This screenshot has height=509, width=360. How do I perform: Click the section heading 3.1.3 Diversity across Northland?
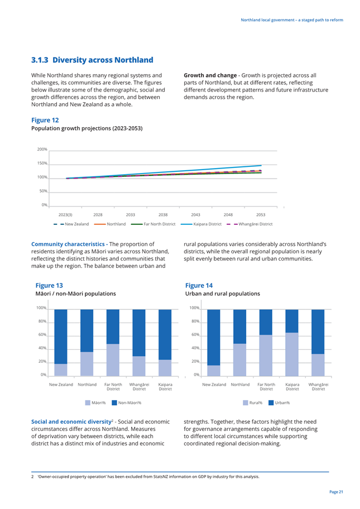pyautogui.click(x=92, y=60)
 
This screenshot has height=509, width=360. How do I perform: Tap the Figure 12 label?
pyautogui.click(x=45, y=120)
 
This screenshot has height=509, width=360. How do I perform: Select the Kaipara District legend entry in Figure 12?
pyautogui.click(x=201, y=224)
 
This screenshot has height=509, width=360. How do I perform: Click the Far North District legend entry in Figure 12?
pyautogui.click(x=153, y=224)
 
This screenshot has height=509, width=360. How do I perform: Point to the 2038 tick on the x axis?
pyautogui.click(x=163, y=214)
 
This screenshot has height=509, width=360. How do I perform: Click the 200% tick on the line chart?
pyautogui.click(x=42, y=150)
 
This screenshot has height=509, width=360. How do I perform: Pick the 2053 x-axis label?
pyautogui.click(x=261, y=214)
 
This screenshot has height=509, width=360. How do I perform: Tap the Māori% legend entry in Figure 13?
pyautogui.click(x=95, y=402)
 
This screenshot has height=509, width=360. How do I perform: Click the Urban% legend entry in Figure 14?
pyautogui.click(x=279, y=402)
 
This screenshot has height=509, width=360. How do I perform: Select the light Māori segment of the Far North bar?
pyautogui.click(x=113, y=360)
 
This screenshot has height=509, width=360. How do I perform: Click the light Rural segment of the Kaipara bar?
pyautogui.click(x=292, y=354)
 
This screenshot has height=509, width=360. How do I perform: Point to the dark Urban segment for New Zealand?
pyautogui.click(x=214, y=338)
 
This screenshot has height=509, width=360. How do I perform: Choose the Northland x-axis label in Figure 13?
pyautogui.click(x=87, y=385)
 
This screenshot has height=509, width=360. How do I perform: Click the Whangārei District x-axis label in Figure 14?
pyautogui.click(x=318, y=387)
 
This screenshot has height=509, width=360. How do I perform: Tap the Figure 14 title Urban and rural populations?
pyautogui.click(x=223, y=294)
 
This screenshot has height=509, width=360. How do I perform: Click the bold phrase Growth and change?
pyautogui.click(x=210, y=75)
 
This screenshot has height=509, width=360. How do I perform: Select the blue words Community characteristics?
pyautogui.click(x=68, y=244)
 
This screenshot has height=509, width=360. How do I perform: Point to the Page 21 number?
pyautogui.click(x=337, y=492)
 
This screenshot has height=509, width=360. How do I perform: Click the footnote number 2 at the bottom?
pyautogui.click(x=32, y=477)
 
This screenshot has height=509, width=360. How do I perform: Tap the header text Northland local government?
pyautogui.click(x=268, y=20)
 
